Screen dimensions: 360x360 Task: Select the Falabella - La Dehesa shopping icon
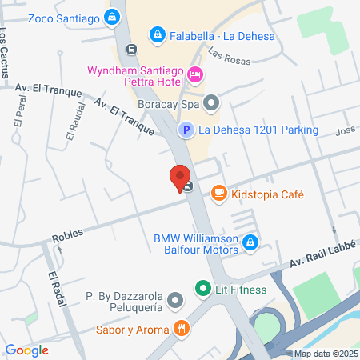click(x=158, y=34)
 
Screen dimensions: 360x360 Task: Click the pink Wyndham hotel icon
click(x=194, y=75)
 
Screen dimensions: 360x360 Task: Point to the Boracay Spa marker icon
click(x=211, y=102)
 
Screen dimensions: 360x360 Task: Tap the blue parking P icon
click(x=185, y=130)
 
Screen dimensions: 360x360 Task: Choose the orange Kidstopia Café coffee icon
click(x=218, y=193)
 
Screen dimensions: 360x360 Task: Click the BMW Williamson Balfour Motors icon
click(x=250, y=241)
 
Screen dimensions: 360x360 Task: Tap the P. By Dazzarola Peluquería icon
click(x=176, y=302)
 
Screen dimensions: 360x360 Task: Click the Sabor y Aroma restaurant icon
click(x=183, y=329)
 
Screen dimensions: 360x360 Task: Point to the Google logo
click(x=26, y=350)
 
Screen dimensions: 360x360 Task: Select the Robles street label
click(x=67, y=238)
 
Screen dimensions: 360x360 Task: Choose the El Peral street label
click(x=18, y=113)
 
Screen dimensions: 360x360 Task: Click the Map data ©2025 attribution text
click(x=324, y=354)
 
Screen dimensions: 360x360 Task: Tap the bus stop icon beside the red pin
click(x=187, y=187)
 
